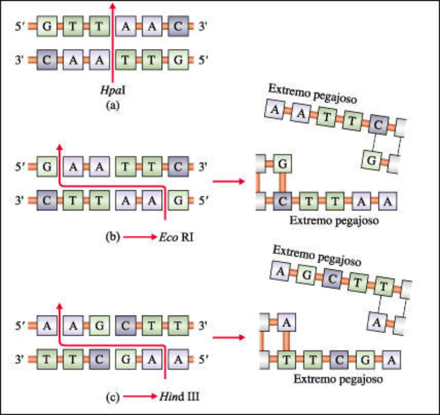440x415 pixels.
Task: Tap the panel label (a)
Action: click(113, 106)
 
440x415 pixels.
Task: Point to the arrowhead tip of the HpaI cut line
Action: click(113, 4)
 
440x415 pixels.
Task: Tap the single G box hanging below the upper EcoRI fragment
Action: click(372, 161)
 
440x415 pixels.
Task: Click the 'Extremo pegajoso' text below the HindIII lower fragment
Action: click(337, 379)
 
